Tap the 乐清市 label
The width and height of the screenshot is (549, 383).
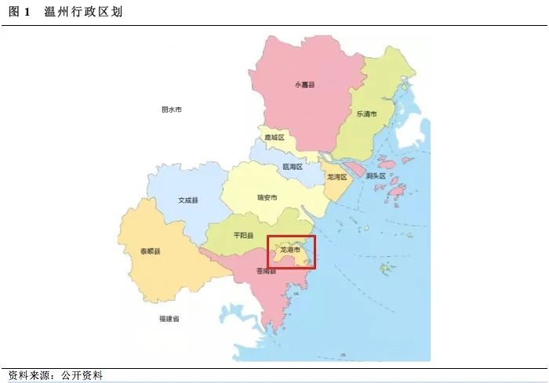(x=367, y=114)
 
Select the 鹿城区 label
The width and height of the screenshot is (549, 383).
(x=274, y=137)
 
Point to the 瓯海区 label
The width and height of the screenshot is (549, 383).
(x=292, y=167)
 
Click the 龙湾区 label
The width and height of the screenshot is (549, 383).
(x=336, y=177)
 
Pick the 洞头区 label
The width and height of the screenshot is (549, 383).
(x=376, y=176)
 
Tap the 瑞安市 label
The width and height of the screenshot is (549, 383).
(x=267, y=197)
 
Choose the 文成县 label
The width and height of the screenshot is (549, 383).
(x=188, y=201)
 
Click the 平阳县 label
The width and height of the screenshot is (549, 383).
(x=244, y=235)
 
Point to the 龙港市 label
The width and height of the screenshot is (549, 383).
(x=290, y=249)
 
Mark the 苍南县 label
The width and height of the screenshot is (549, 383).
(x=266, y=272)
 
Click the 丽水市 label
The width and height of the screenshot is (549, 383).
(x=171, y=110)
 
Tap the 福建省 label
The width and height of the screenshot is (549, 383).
(x=169, y=319)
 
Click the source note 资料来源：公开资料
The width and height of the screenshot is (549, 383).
(x=55, y=375)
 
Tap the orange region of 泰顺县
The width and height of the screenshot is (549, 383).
(x=157, y=270)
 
